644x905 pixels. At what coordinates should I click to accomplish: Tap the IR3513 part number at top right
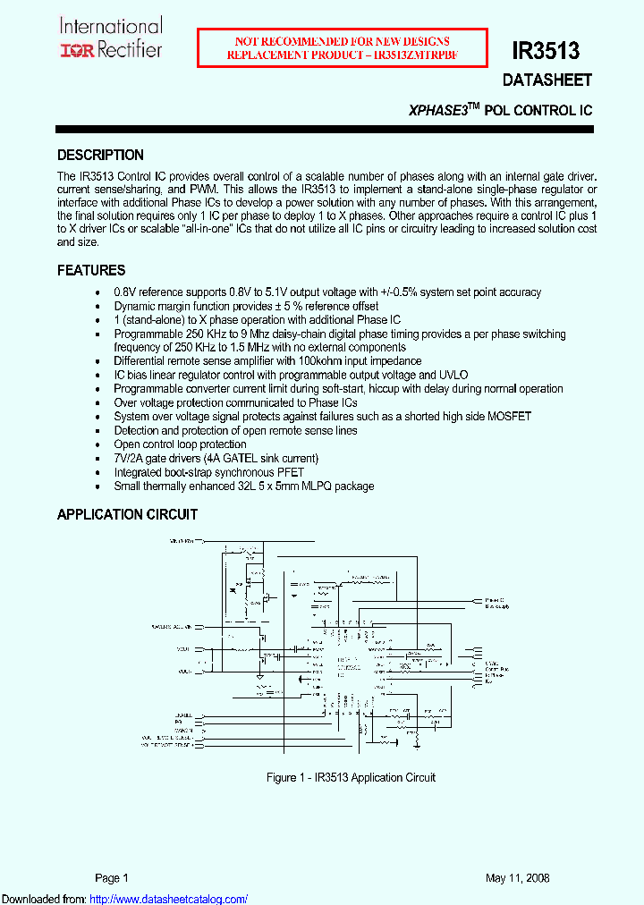coord(546,51)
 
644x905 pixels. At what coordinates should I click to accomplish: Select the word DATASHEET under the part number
coord(547,80)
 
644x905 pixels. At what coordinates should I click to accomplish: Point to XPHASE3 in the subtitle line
coord(438,111)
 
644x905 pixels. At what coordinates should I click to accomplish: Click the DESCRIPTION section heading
coord(100,155)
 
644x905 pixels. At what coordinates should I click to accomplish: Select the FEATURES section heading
coord(91,270)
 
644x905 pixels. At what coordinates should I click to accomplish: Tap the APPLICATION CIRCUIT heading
coord(127,514)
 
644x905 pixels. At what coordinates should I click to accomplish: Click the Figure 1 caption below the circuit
coord(351,777)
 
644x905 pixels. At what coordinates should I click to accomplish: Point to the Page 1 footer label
coord(113,878)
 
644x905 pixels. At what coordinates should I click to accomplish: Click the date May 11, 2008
coord(518,878)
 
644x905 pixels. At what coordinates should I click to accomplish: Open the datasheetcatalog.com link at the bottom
coord(169,899)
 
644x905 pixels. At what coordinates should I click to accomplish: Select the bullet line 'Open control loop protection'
coord(180,444)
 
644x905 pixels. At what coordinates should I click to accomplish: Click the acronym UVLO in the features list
coord(453,376)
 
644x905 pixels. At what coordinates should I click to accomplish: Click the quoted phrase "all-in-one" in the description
coord(201,229)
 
